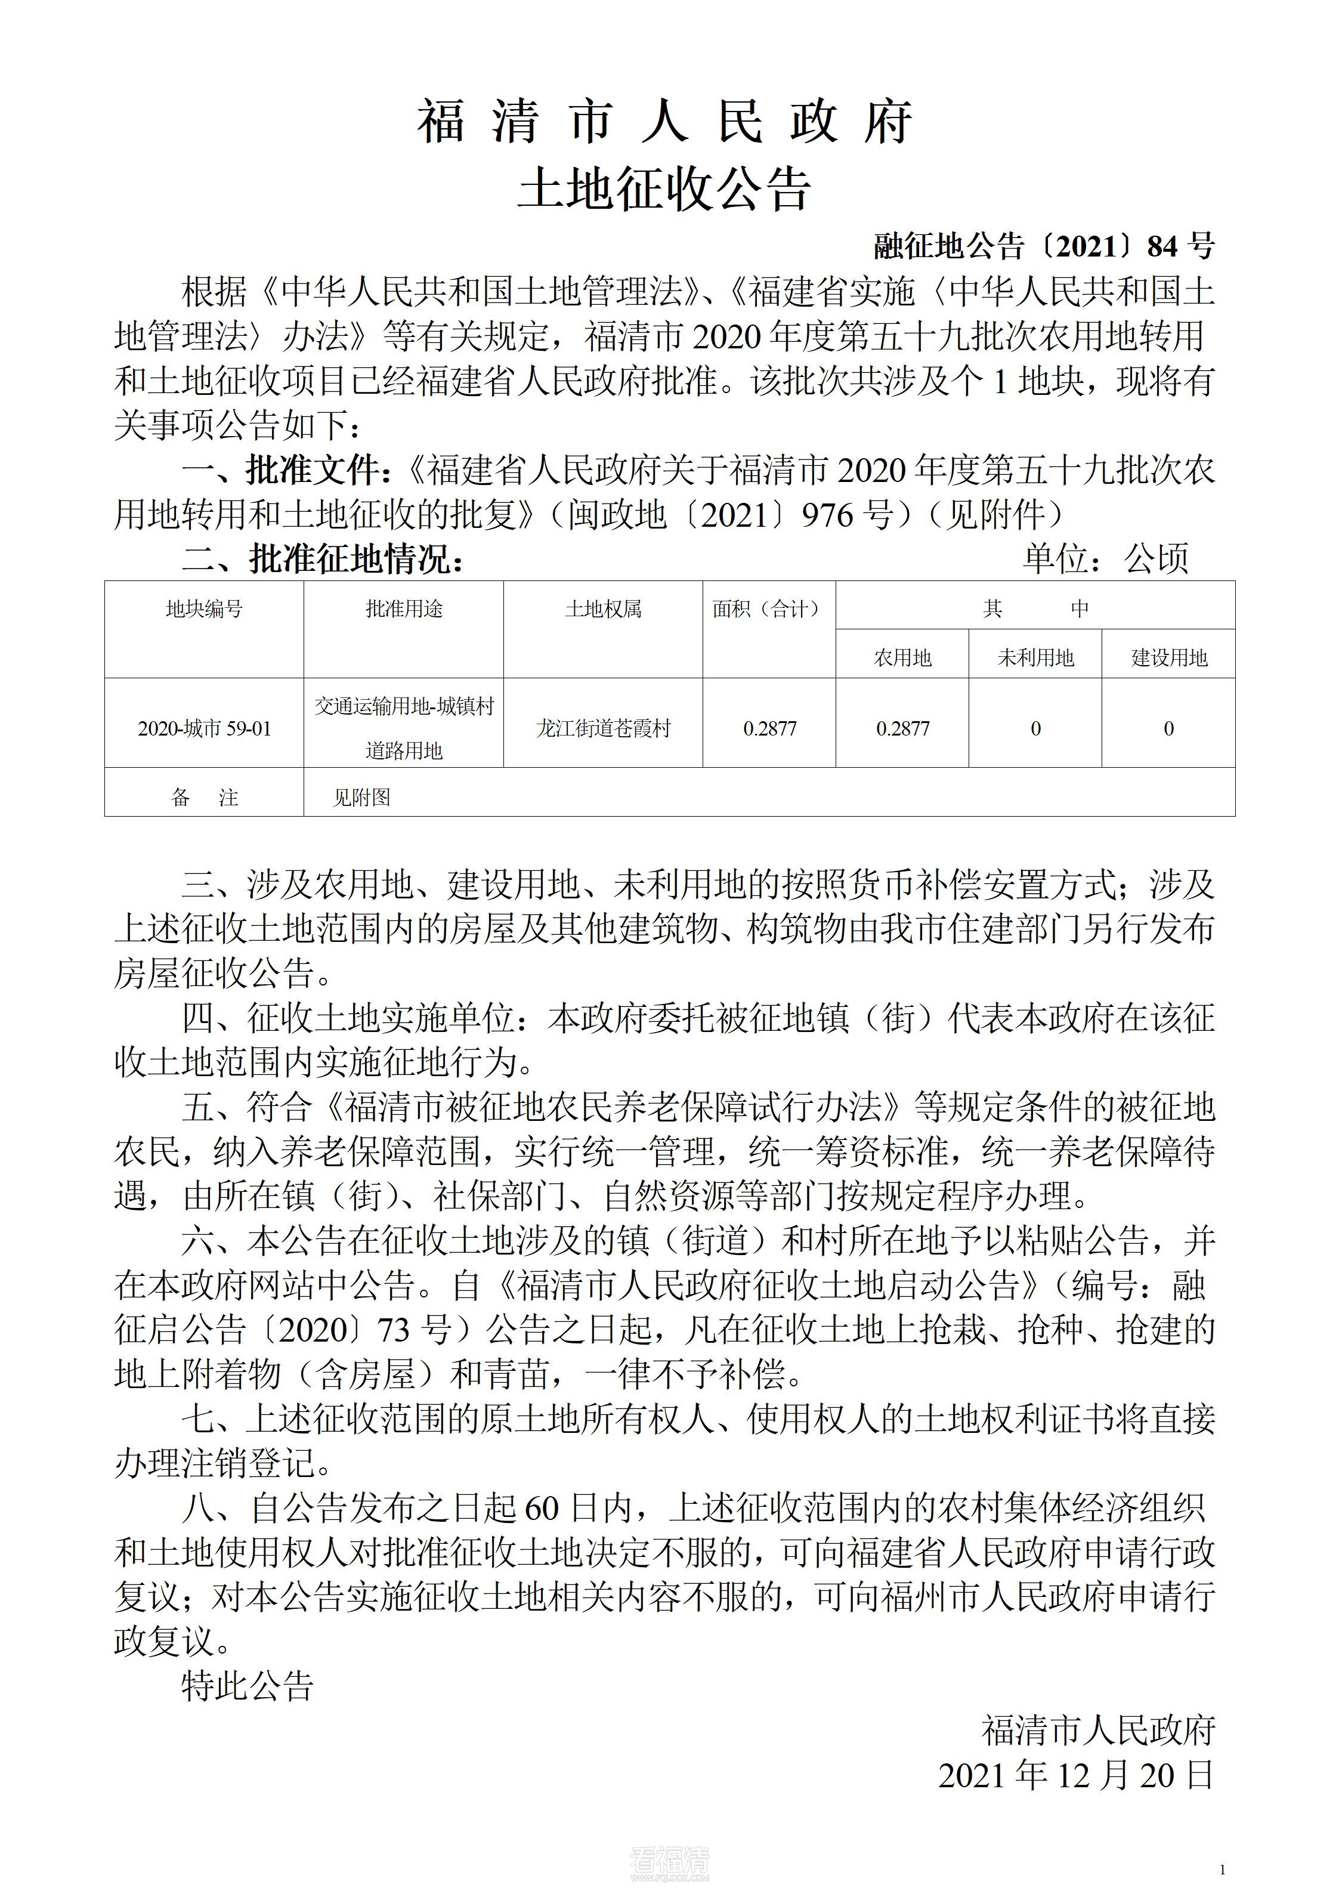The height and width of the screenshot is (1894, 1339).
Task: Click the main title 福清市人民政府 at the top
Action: (x=664, y=122)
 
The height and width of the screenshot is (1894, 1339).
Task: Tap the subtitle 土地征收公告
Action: (x=664, y=189)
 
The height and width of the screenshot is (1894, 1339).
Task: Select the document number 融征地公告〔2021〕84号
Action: (x=1044, y=246)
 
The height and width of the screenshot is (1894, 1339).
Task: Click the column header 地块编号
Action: (x=204, y=610)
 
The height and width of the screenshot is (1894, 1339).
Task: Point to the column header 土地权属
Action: (x=603, y=610)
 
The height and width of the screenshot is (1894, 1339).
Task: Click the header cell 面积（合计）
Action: (x=769, y=610)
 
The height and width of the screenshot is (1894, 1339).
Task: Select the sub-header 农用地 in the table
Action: (x=902, y=657)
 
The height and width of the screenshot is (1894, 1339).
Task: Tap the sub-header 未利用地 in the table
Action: (x=1035, y=657)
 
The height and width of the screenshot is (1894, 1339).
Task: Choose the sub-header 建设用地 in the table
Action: (x=1169, y=657)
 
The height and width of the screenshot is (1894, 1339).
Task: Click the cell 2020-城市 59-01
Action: (x=204, y=729)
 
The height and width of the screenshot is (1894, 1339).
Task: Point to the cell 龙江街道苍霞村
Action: (x=603, y=729)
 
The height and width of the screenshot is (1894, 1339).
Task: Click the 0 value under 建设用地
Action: (x=1168, y=729)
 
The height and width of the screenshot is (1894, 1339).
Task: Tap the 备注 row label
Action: (x=204, y=798)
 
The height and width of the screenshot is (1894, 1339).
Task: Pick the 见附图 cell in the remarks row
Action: (x=361, y=798)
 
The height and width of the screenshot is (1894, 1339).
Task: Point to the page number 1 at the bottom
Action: (x=1222, y=1870)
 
